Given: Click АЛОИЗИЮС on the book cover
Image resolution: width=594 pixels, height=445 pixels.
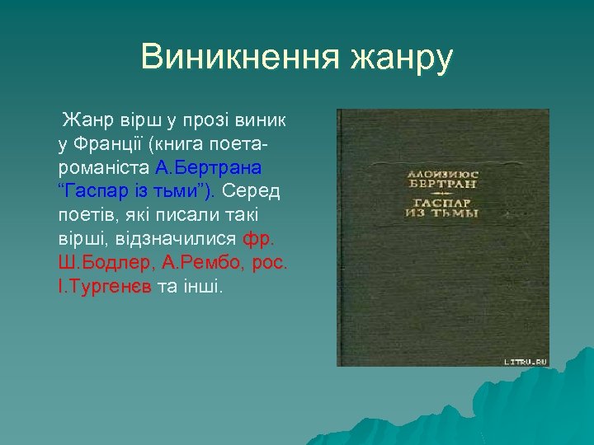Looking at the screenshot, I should pyautogui.click(x=443, y=174).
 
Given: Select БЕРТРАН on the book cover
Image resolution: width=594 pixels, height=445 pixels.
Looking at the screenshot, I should pyautogui.click(x=443, y=185).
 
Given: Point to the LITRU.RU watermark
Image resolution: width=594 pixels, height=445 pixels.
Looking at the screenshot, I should pyautogui.click(x=525, y=359).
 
